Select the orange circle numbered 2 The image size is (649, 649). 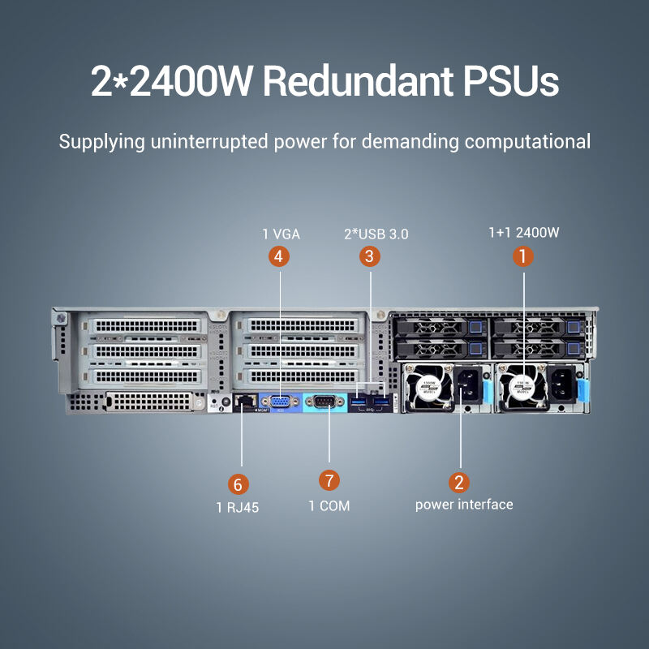coord(460,482)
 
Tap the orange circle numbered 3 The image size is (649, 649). coord(370,257)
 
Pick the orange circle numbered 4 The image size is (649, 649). coord(279,257)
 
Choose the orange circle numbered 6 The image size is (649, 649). coord(237,485)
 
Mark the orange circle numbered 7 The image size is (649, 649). coord(329,480)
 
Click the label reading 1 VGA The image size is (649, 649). coord(281,234)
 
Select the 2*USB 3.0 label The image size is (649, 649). coord(376,234)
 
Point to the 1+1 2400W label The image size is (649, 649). coord(524,233)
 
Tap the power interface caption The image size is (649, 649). coord(464,505)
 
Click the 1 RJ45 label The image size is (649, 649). coord(237,507)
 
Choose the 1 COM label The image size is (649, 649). coord(329,506)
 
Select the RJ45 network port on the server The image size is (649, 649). coord(243,400)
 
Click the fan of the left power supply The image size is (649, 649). coord(429,387)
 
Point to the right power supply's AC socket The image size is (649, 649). coord(561,385)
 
